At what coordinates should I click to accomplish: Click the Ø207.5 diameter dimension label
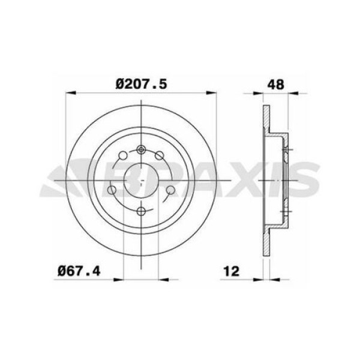pos(141,84)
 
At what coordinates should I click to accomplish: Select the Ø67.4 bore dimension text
pos(79,271)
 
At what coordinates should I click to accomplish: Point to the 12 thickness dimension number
pos(231,271)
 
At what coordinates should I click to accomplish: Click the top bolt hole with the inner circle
pos(141,150)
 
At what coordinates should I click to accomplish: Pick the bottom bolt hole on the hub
pos(141,211)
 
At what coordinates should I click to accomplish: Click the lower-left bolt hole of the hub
pos(112,190)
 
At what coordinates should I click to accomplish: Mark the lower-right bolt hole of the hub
pos(170,190)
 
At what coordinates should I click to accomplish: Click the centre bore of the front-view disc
pos(141,180)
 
